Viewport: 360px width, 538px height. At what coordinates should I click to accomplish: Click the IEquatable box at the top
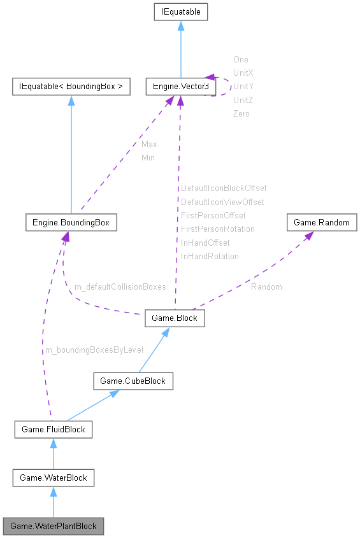click(180, 11)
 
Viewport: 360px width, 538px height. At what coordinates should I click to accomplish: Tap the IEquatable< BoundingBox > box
click(71, 86)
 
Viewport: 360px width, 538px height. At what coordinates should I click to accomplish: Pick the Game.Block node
click(175, 318)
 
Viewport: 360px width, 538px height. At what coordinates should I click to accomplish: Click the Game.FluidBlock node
click(53, 430)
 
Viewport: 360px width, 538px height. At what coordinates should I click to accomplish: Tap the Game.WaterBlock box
click(54, 478)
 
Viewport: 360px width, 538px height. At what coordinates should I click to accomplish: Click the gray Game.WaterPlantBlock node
click(54, 526)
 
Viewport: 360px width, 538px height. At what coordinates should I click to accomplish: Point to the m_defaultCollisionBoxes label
click(120, 287)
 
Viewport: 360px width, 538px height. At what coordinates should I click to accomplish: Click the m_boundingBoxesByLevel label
click(94, 350)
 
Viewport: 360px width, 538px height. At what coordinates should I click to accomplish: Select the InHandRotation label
click(210, 256)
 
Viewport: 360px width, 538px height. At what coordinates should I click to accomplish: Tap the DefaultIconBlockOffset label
click(224, 188)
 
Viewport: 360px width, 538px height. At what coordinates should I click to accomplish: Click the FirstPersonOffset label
click(213, 215)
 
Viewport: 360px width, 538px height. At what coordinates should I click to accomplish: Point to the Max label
click(149, 144)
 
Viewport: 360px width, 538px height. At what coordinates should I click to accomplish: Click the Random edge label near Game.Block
click(266, 287)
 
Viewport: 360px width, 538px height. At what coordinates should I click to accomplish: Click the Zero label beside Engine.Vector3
click(241, 113)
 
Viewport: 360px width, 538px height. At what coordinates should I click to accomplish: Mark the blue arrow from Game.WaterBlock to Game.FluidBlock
click(53, 453)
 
